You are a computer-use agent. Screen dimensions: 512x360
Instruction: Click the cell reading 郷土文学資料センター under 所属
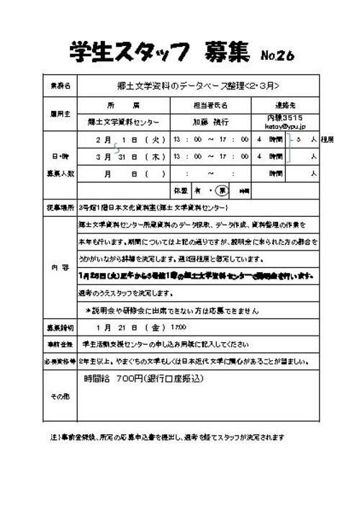(x=123, y=122)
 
